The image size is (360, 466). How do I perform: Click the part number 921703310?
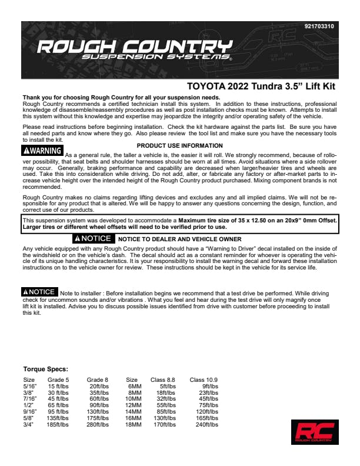[319, 26]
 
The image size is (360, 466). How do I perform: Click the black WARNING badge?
[42, 151]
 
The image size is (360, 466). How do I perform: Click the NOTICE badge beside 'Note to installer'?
[39, 292]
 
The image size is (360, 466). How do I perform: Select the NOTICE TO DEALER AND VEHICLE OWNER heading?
[179, 239]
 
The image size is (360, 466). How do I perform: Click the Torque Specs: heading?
[45, 370]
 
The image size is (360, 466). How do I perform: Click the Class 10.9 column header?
[204, 380]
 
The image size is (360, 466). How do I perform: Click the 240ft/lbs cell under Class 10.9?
[206, 424]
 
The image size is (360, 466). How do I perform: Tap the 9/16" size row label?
[30, 411]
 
